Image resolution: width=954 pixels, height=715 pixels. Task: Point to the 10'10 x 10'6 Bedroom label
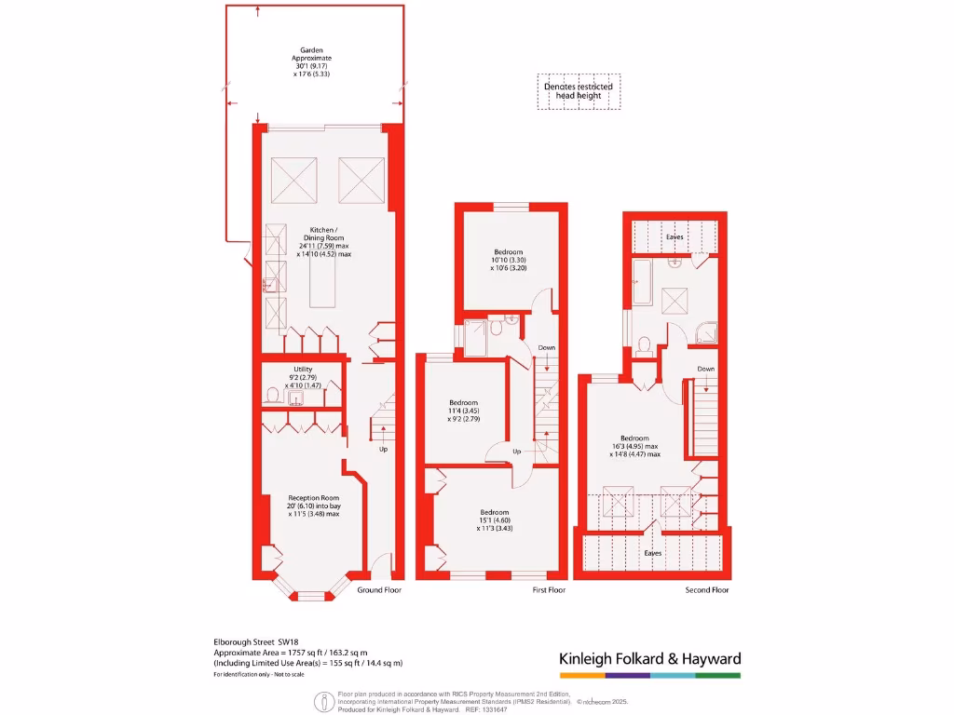click(x=509, y=260)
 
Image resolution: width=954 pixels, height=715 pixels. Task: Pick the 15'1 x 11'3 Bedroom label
click(x=495, y=519)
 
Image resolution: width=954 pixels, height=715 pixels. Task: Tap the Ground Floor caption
click(x=379, y=589)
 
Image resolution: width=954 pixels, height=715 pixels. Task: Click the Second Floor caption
click(x=707, y=589)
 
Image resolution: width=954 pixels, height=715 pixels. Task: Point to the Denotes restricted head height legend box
click(x=579, y=91)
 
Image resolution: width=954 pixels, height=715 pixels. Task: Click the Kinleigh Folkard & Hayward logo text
click(x=649, y=659)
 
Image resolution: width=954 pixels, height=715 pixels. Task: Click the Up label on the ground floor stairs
click(x=383, y=449)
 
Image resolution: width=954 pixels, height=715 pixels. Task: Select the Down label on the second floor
click(x=706, y=369)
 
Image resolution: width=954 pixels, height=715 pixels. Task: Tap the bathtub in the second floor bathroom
click(x=643, y=284)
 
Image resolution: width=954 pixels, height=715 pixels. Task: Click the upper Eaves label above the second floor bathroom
click(x=675, y=237)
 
